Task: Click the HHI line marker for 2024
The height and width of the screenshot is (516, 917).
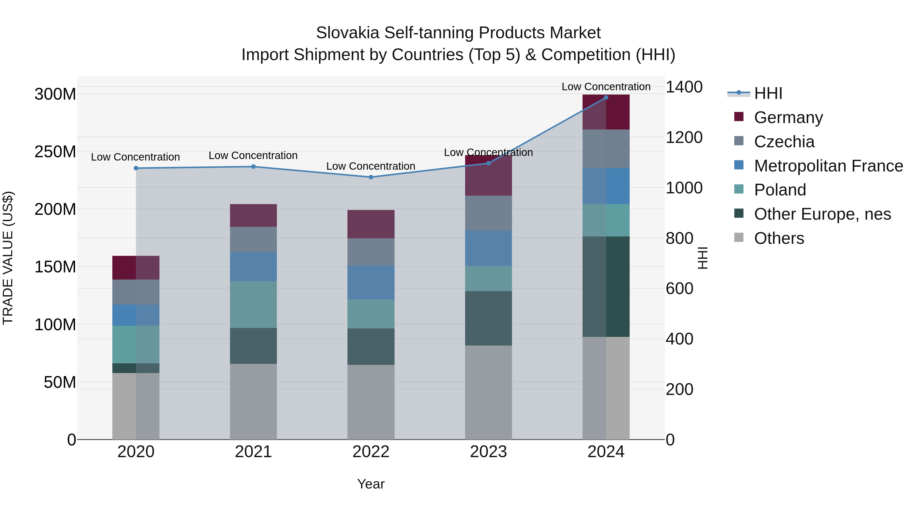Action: point(606,97)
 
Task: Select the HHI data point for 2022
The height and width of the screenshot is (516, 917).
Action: point(371,177)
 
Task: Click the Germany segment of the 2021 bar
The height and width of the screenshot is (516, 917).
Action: point(253,215)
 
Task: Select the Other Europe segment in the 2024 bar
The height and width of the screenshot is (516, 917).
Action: point(606,286)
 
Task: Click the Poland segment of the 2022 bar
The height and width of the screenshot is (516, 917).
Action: point(371,313)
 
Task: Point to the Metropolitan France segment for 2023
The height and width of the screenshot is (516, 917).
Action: point(488,248)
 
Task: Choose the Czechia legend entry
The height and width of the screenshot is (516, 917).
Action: point(784,141)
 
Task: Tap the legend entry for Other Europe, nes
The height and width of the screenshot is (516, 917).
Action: point(822,214)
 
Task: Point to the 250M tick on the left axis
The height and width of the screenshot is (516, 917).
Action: point(55,152)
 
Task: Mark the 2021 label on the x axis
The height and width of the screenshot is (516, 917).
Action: point(253,452)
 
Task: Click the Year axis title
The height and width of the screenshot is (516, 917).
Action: point(371,484)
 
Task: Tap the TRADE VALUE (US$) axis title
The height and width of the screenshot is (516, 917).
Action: point(8,258)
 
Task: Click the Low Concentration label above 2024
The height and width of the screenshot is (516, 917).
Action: point(606,87)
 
